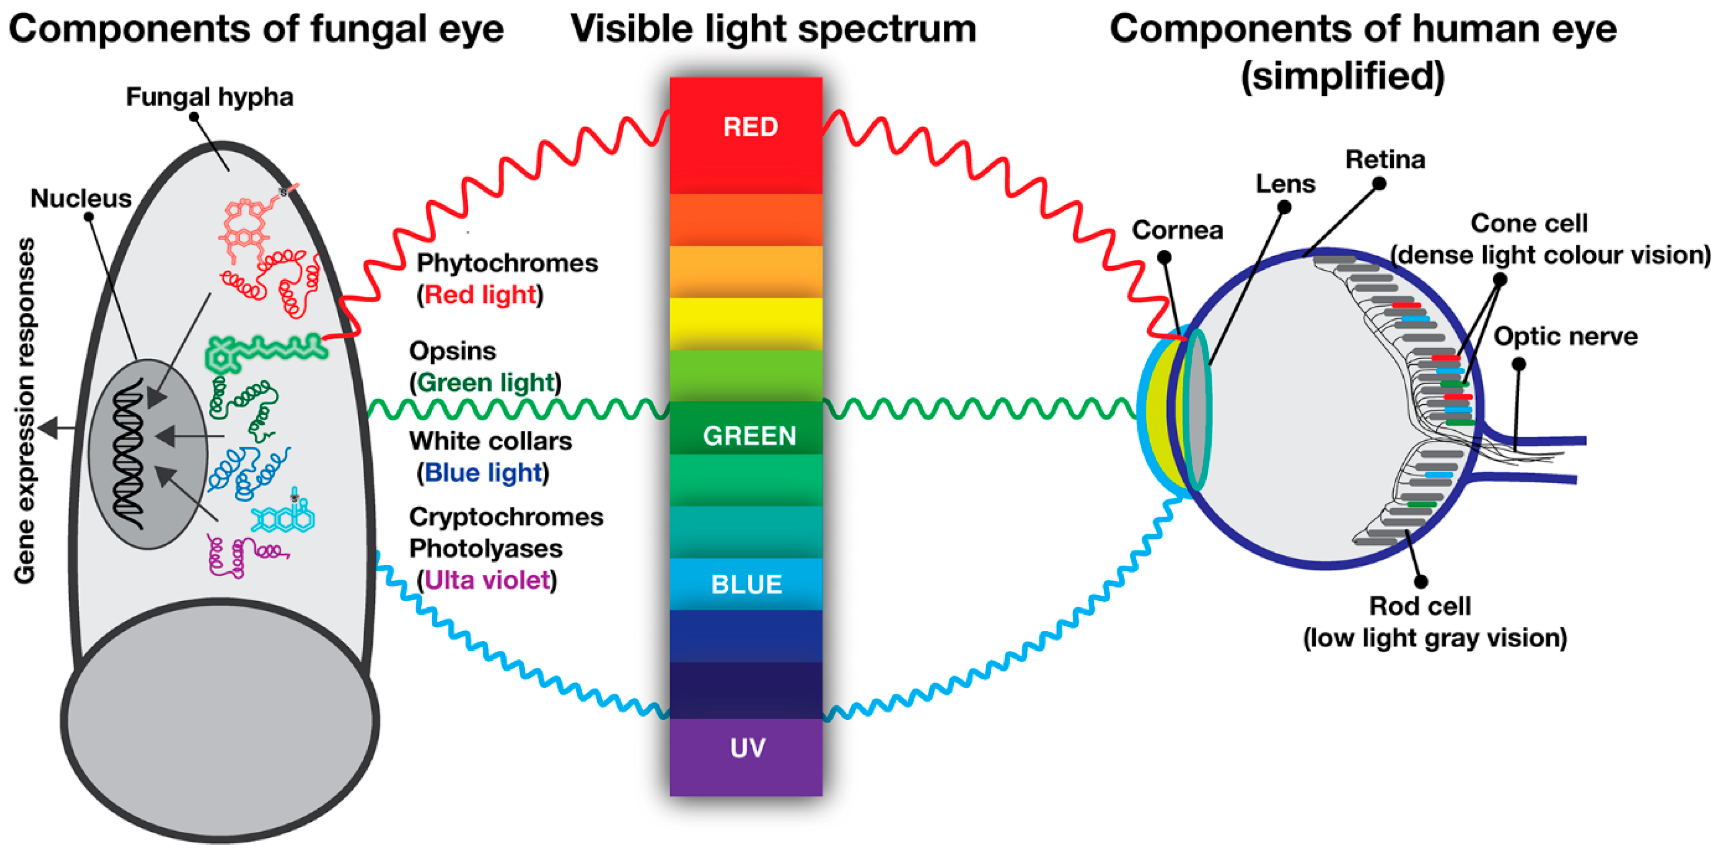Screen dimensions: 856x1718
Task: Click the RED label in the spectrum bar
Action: pos(750,127)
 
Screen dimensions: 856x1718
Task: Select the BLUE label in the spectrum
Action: pos(746,584)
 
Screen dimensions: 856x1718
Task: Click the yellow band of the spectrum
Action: pos(745,324)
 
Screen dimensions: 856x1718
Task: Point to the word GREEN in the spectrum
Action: pos(750,436)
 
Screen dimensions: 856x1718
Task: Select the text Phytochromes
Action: pos(507,263)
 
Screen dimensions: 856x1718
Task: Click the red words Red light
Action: pos(480,295)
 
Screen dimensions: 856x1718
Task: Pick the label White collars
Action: pos(490,441)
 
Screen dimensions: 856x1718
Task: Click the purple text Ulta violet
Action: pos(487,580)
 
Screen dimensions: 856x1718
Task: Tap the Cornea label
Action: pos(1177,230)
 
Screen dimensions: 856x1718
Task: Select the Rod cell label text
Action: pos(1419,606)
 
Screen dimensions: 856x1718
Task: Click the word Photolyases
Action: pos(485,549)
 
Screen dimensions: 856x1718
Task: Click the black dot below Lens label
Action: pos(1284,208)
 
